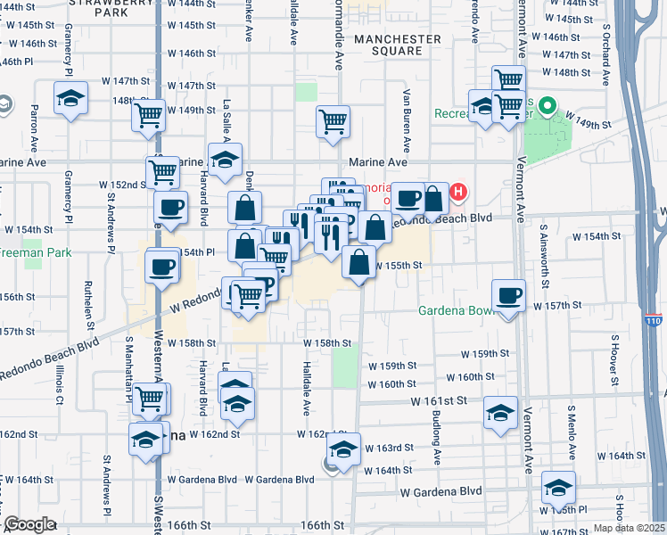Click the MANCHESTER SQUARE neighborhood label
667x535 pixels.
[397, 45]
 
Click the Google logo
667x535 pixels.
[29, 524]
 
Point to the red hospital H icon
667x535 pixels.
[458, 192]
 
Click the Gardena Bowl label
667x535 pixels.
[456, 311]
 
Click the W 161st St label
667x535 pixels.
[439, 401]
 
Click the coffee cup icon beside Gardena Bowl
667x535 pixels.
[509, 295]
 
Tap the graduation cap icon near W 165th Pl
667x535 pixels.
[558, 488]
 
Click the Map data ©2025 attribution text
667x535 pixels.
[630, 528]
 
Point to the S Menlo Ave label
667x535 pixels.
[572, 431]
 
